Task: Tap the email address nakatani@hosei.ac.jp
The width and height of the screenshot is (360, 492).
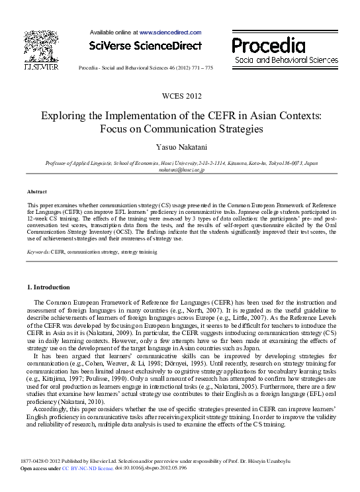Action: pos(181,170)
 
